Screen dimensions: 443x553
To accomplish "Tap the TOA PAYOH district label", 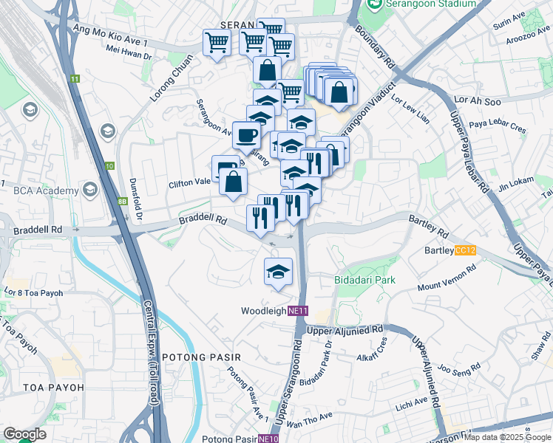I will click(53, 387).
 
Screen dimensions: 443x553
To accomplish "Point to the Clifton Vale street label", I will click(190, 183).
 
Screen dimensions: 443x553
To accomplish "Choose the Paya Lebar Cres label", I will click(497, 126).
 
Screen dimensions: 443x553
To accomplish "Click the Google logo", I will click(25, 434).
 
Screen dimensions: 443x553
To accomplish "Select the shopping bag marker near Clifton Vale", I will click(234, 182).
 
